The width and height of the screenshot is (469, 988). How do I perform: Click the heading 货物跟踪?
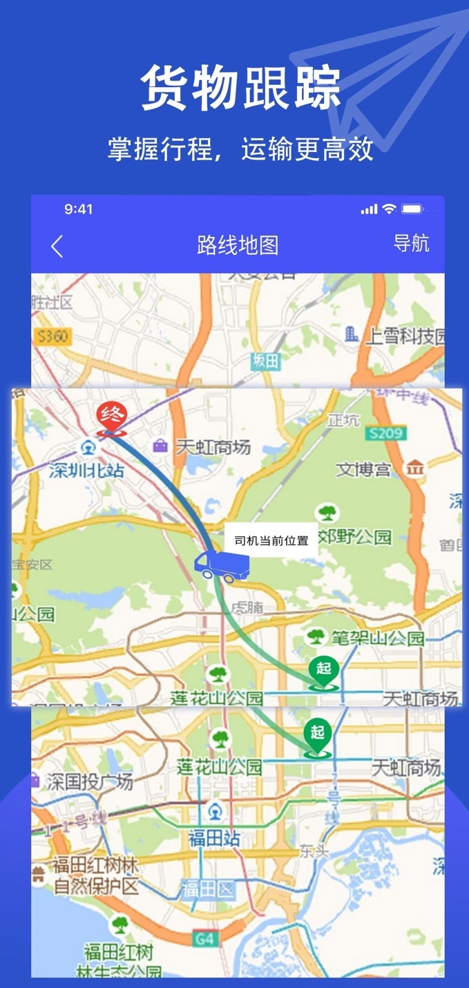pos(241,88)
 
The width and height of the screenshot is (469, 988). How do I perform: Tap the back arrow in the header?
pos(57,246)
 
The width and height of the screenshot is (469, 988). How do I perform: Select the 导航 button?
pos(411,243)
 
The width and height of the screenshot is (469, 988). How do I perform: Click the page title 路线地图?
pos(238,245)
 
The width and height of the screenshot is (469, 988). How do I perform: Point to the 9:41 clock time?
pos(78,209)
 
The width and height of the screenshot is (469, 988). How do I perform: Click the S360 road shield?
pos(52,336)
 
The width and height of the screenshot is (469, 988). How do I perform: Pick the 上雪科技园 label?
pos(404,336)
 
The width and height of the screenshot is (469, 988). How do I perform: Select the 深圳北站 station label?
pos(87,470)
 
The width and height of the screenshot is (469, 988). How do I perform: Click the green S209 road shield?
pos(386,433)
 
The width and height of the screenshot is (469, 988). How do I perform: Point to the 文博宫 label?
pos(363,470)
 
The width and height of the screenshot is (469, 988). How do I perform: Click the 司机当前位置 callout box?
pos(271,540)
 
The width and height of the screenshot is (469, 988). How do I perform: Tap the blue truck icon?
pos(220,566)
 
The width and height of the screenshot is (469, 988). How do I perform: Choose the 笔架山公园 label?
pos(385,638)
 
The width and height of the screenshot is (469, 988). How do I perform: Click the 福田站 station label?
pos(215,838)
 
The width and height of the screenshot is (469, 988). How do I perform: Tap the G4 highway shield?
pos(204,938)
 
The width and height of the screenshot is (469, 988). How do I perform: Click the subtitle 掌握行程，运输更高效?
pos(240,149)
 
